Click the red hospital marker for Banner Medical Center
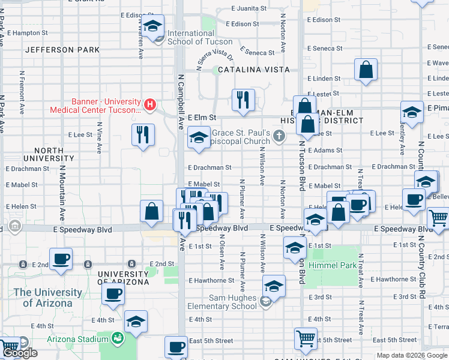pyautogui.click(x=150, y=105)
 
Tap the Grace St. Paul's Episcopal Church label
pyautogui.click(x=241, y=137)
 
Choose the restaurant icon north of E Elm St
pyautogui.click(x=243, y=100)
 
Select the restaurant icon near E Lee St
pyautogui.click(x=142, y=135)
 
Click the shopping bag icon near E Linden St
pyautogui.click(x=366, y=70)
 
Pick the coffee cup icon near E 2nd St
pyautogui.click(x=61, y=259)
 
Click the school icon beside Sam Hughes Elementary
pyautogui.click(x=274, y=287)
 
